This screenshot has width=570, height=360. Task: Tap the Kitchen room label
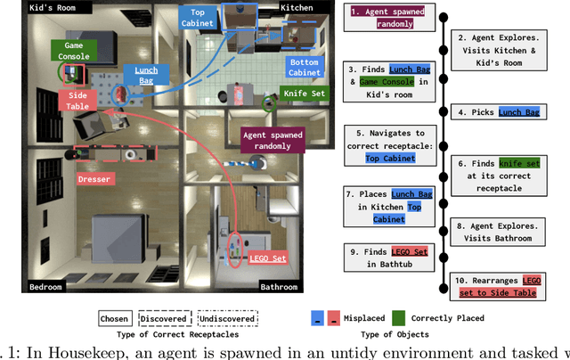(296, 8)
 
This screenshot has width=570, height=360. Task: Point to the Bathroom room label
(280, 287)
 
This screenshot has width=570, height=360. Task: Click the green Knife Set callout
(304, 92)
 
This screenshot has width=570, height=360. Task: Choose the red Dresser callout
(94, 179)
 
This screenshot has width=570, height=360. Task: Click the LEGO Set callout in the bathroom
(268, 258)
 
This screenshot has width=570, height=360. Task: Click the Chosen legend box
(115, 318)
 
